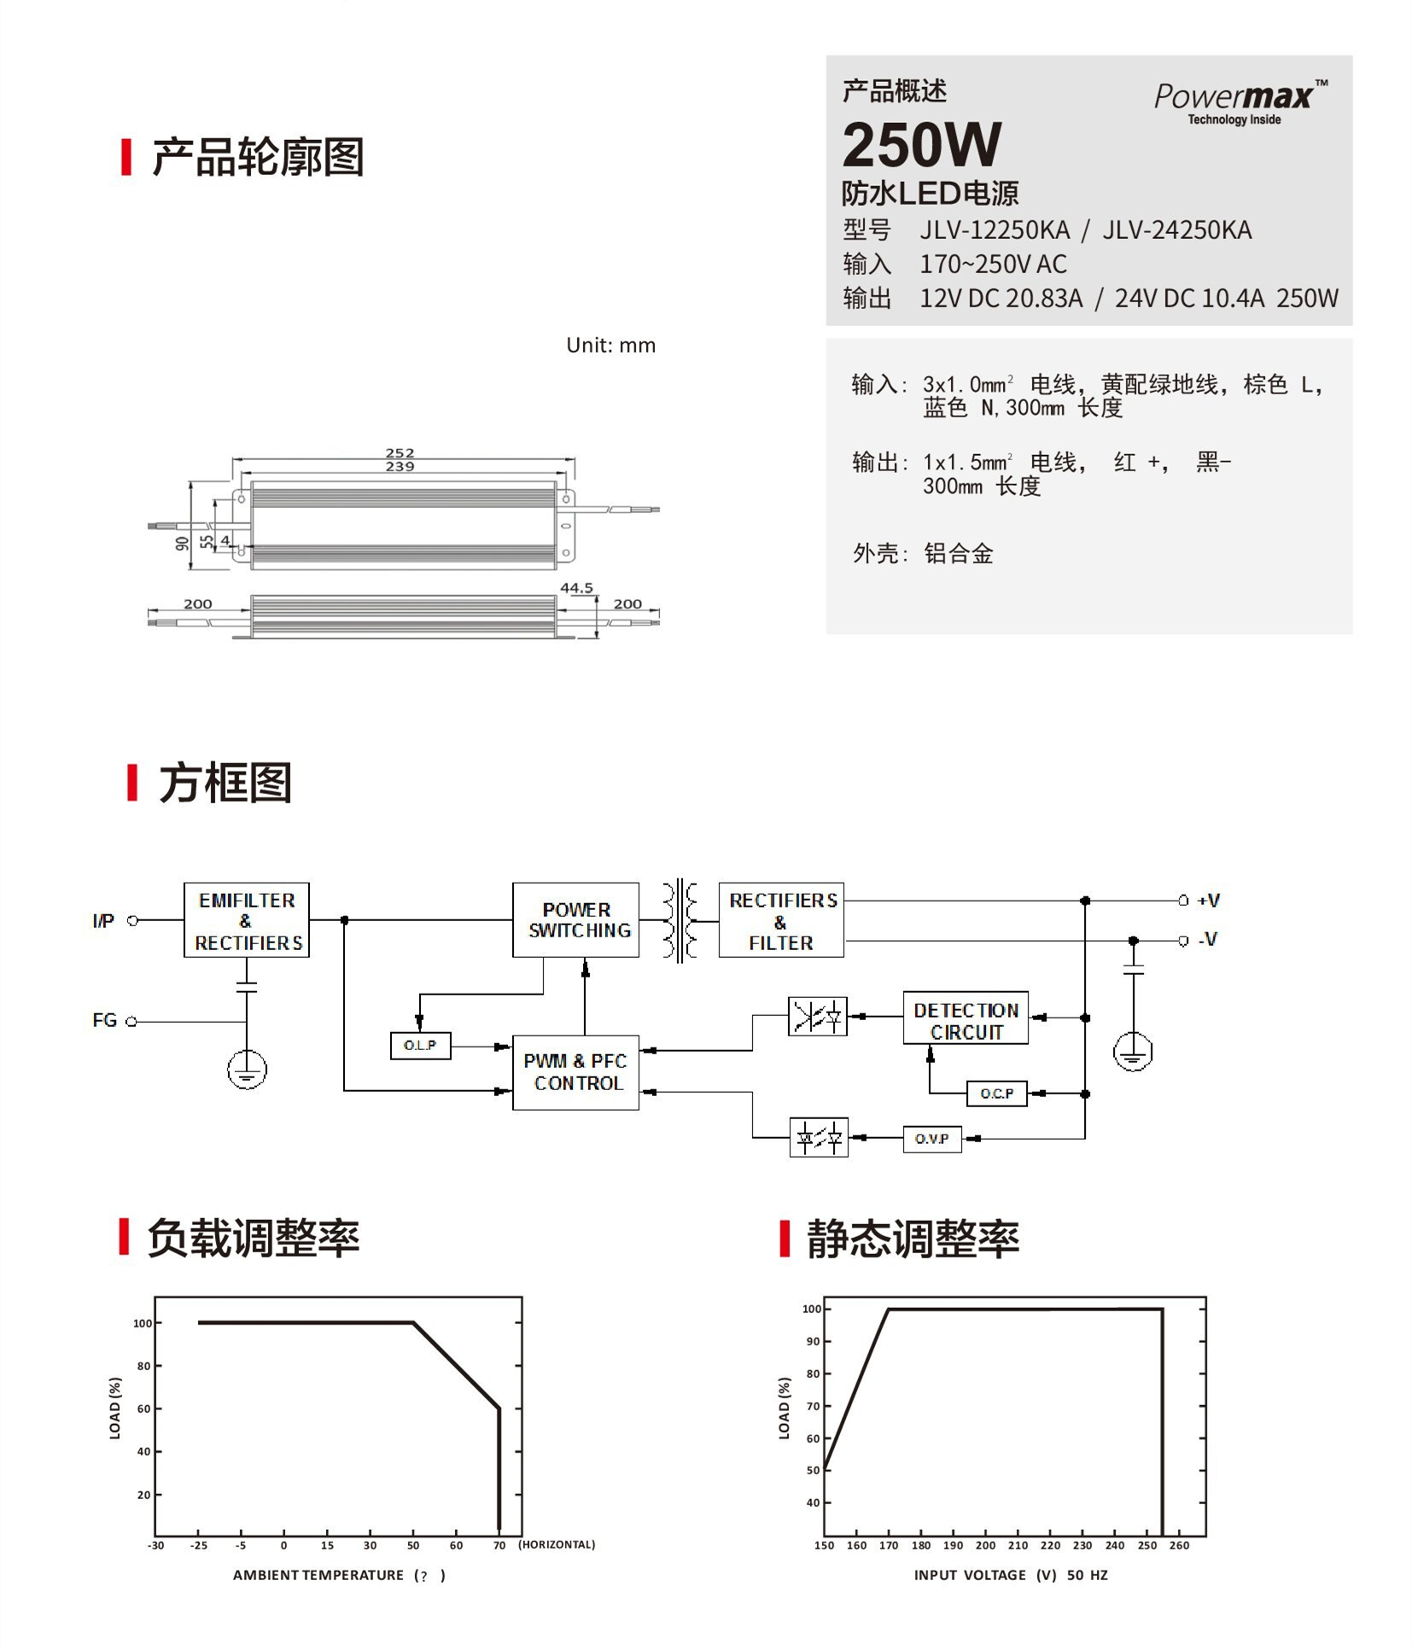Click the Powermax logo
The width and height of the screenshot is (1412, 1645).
pos(1239,101)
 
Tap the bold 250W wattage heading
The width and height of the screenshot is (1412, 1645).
pos(921,145)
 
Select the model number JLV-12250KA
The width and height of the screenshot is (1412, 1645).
pos(994,230)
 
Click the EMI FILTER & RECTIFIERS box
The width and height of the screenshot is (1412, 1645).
pos(247,920)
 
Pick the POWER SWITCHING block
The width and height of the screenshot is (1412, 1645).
pos(576,919)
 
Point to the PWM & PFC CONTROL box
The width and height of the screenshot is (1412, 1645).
pos(576,1071)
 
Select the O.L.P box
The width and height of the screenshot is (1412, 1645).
pos(420,1045)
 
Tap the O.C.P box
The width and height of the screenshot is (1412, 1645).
pos(996,1094)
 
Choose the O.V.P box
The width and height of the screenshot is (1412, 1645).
pos(931,1139)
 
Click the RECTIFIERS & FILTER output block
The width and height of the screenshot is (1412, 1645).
pos(781,920)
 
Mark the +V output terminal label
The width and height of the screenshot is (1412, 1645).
pos(1208,900)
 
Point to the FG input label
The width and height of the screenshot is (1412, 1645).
pos(104,1020)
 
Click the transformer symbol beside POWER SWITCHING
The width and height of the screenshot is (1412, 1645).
pos(680,920)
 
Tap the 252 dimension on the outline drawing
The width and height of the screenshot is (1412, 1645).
pos(400,452)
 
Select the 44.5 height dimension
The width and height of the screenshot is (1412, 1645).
pos(576,587)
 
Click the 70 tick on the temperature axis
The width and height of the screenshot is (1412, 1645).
pos(499,1545)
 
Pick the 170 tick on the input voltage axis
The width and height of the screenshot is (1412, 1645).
pos(889,1545)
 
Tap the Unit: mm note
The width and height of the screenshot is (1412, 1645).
pos(610,346)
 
